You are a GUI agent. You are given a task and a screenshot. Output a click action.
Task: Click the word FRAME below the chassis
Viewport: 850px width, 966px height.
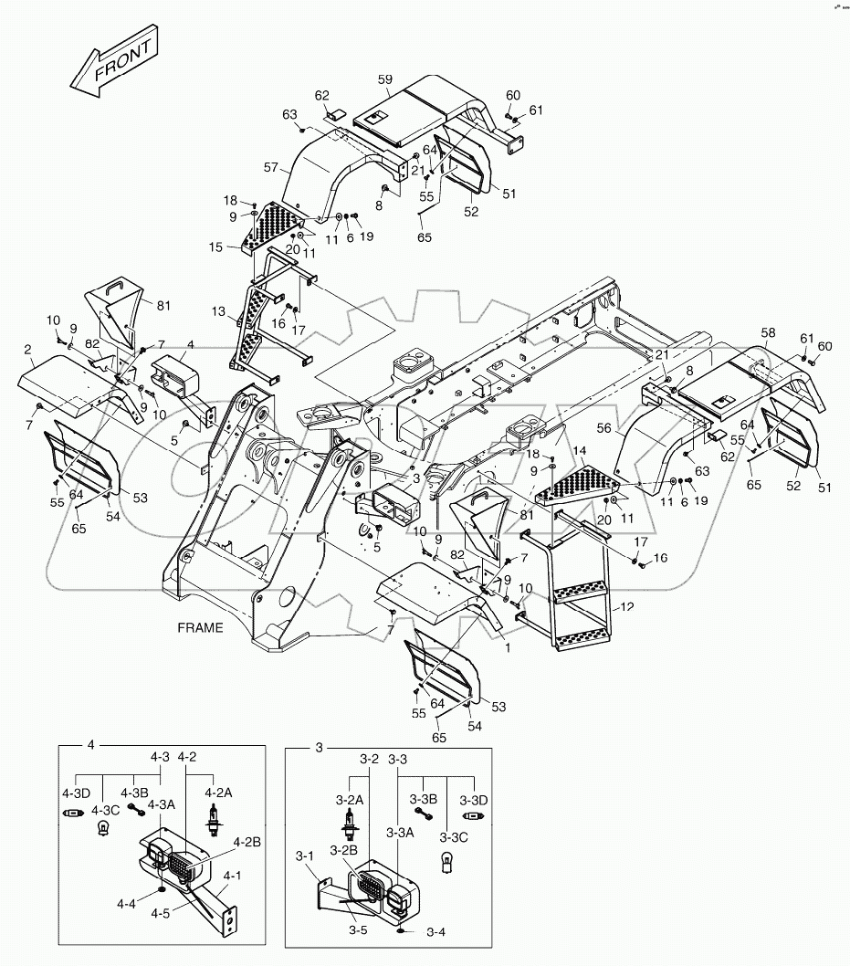point(200,628)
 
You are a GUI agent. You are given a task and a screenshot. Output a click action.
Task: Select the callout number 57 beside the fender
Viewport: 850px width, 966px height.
point(270,167)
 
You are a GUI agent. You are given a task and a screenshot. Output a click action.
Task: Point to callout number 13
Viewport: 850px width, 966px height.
point(219,311)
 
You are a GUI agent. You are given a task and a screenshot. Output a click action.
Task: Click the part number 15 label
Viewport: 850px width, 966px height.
point(240,247)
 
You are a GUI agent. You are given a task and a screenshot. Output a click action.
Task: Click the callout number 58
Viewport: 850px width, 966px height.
point(769,334)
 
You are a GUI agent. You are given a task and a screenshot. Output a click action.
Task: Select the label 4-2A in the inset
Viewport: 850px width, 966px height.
point(219,793)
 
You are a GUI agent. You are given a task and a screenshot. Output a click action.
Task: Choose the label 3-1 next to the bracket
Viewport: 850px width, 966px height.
point(305,856)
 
